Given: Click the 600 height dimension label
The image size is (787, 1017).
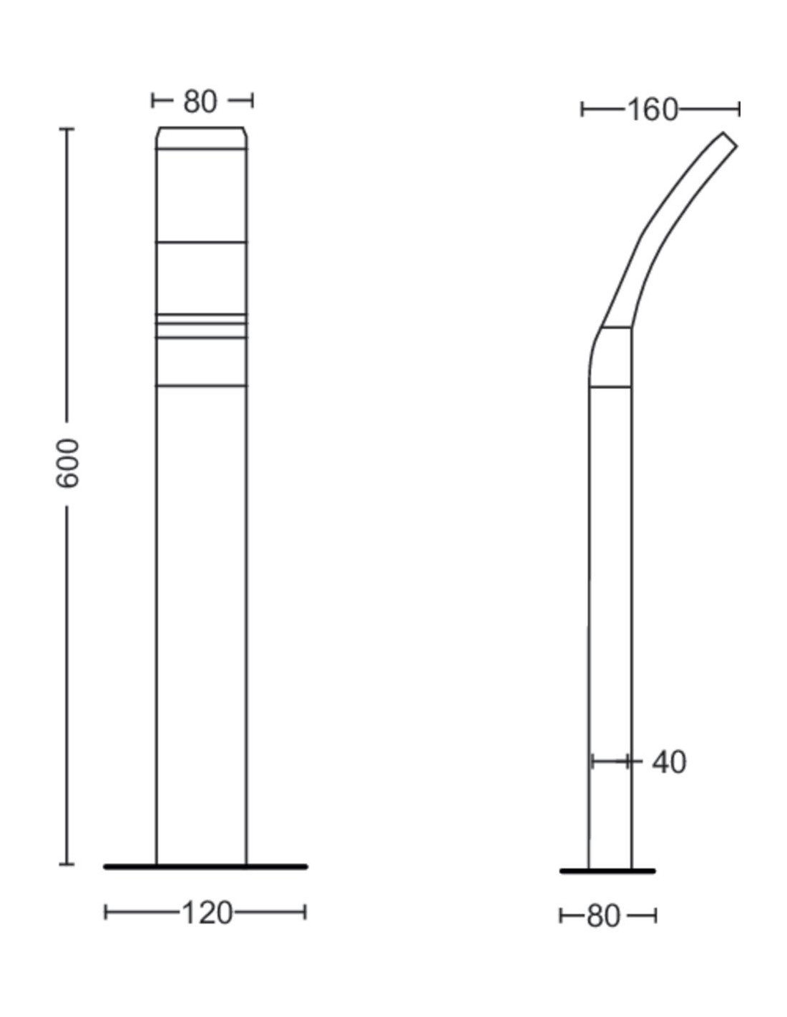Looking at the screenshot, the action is (67, 463).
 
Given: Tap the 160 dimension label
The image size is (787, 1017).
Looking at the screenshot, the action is (652, 110).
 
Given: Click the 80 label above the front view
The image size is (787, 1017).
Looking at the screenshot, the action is (200, 101).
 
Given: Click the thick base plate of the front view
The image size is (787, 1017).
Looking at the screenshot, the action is (205, 867).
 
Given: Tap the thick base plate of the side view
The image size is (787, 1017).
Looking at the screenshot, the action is (607, 871).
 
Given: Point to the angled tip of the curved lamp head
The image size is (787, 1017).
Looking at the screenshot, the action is (730, 139).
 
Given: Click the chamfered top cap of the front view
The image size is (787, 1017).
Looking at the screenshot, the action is (201, 138).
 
